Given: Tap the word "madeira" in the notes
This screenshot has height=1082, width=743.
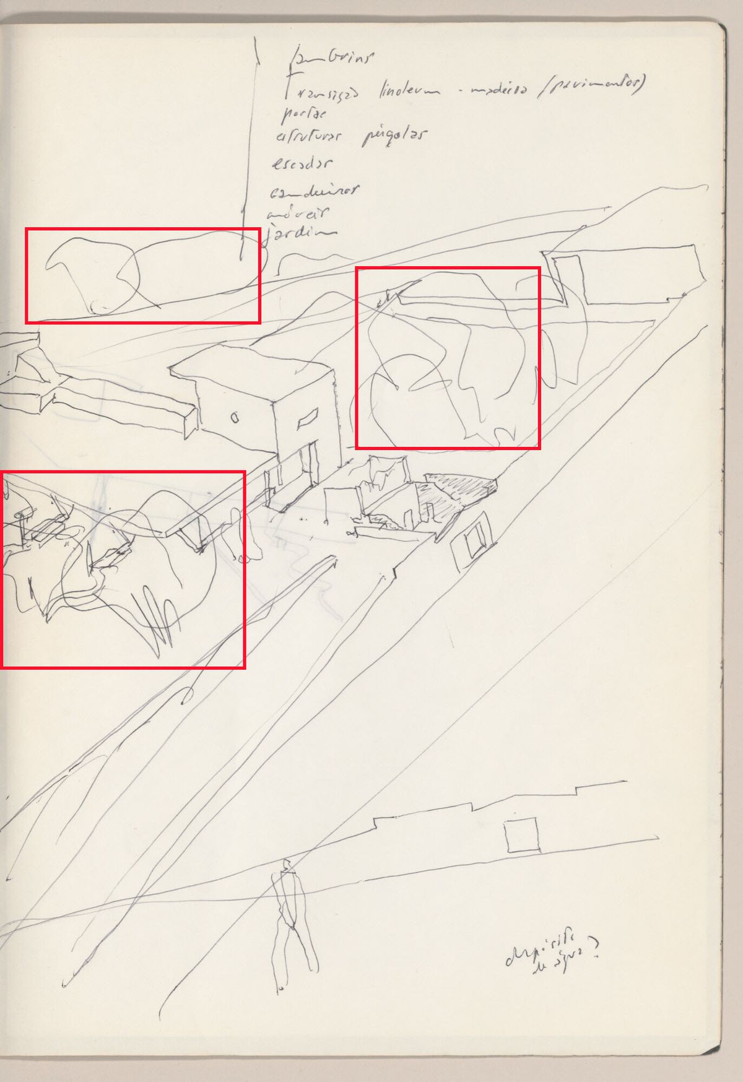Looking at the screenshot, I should coord(498,90).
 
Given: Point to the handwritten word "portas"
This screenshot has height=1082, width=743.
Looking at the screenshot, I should coord(303,113).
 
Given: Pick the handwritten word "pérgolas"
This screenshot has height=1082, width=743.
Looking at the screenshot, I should coord(394,136).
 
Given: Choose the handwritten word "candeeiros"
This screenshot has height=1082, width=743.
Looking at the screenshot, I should coord(313,192).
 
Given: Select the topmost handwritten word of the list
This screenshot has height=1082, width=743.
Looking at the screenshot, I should coord(332,58).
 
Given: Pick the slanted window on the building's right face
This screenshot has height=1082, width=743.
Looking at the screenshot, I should coord(307,421).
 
